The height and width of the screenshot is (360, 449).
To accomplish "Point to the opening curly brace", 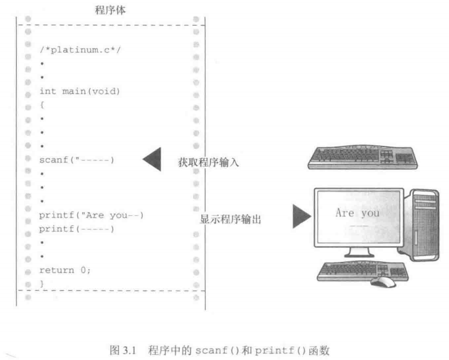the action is tap(41, 106).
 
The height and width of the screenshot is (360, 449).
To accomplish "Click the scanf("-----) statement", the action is tap(76, 159).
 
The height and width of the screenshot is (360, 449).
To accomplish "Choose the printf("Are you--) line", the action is tap(91, 215).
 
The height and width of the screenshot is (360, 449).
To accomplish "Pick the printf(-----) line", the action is tap(76, 229).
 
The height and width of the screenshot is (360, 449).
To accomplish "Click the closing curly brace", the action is tap(41, 283).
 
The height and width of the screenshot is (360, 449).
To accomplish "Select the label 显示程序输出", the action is tap(231, 220).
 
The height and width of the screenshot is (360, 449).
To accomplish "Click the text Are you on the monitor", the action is tap(357, 214).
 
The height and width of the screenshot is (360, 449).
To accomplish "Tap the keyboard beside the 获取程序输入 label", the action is tap(363, 156).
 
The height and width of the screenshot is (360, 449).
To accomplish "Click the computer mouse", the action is tap(382, 281).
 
